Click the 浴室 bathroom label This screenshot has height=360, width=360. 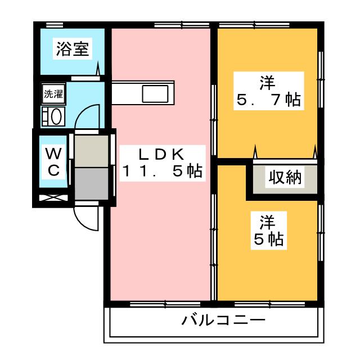(71, 49)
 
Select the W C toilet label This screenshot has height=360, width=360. (53, 162)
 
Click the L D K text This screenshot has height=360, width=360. (162, 153)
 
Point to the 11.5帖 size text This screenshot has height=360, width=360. (162, 172)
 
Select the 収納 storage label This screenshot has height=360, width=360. (284, 178)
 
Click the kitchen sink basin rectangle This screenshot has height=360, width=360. (155, 93)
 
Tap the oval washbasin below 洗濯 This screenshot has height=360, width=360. (56, 116)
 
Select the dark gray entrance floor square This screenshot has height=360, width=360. (93, 183)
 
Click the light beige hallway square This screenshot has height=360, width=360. (93, 150)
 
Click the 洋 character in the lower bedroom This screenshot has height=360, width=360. (267, 222)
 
